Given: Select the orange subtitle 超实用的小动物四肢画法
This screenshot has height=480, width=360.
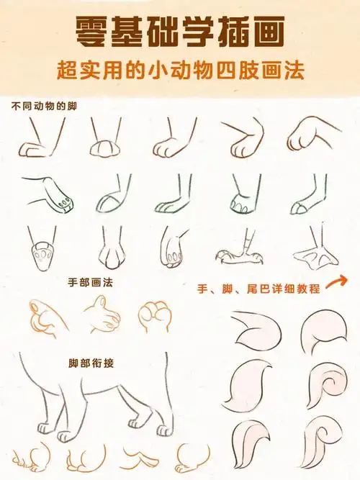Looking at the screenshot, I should [179, 71].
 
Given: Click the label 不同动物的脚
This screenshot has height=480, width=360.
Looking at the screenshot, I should [44, 106].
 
